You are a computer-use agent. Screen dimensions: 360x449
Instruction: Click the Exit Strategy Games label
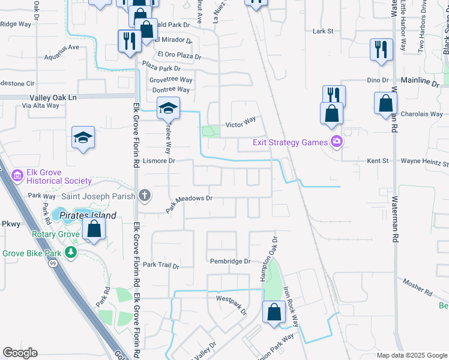(x=290, y=142)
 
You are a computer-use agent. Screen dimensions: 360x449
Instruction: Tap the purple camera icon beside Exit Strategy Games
(x=336, y=142)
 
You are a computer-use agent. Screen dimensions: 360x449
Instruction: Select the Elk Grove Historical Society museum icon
(x=17, y=176)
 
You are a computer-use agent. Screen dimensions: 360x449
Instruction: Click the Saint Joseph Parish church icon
(x=144, y=194)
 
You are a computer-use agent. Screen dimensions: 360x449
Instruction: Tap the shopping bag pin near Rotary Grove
(x=94, y=229)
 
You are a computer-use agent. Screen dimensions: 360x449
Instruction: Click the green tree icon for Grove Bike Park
(x=71, y=252)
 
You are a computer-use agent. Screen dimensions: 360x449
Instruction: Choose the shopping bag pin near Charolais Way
(x=385, y=104)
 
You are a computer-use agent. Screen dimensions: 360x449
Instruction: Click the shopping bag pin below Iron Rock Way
(x=274, y=312)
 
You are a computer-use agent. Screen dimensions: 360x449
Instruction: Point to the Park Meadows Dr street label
(x=193, y=198)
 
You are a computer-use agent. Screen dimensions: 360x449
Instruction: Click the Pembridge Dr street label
(x=230, y=261)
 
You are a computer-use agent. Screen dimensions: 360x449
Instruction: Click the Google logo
(x=20, y=353)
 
